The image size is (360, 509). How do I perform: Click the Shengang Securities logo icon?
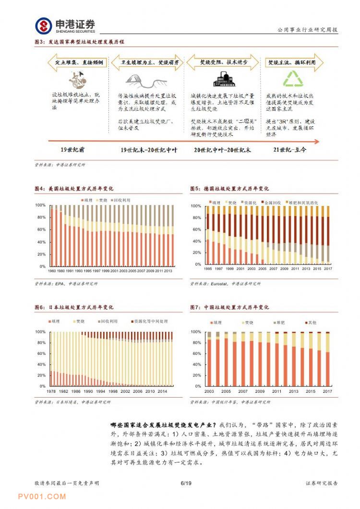pos(44,25)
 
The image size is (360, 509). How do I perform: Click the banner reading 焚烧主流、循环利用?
pos(292,62)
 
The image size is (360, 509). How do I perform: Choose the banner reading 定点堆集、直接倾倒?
pos(77,62)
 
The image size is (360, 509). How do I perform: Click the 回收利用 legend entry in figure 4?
pos(121,200)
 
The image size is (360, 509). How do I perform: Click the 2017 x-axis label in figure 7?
pos(327,391)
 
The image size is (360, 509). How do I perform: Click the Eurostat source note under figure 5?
pos(225,283)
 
